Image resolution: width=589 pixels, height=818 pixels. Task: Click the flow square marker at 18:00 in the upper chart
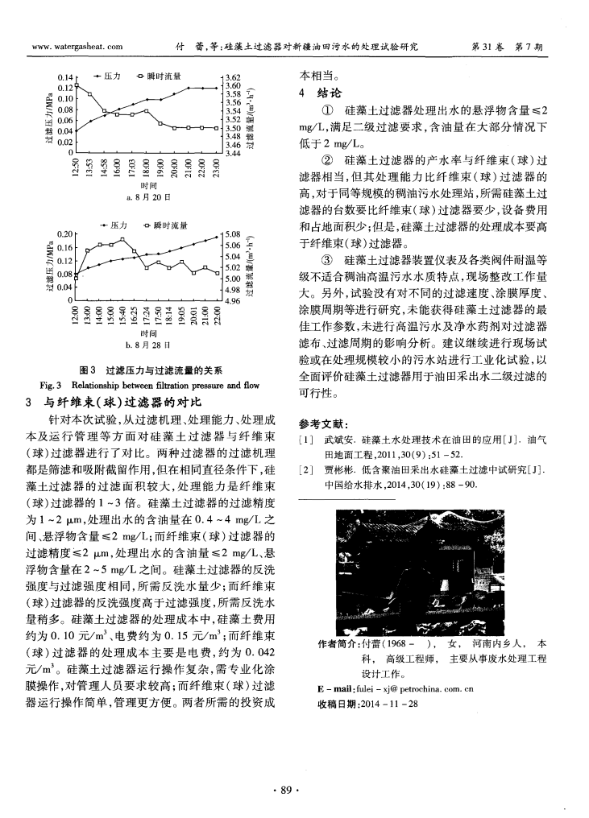point(147,109)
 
